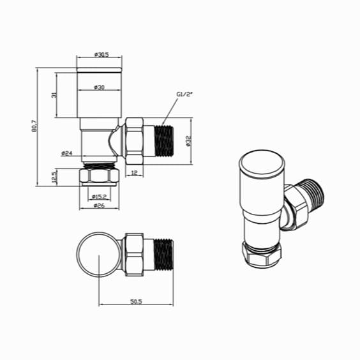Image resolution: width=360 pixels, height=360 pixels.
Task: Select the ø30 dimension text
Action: coord(99,87)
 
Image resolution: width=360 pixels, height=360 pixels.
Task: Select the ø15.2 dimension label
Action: coord(99,196)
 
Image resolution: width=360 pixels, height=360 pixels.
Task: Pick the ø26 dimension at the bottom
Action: coord(99,206)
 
